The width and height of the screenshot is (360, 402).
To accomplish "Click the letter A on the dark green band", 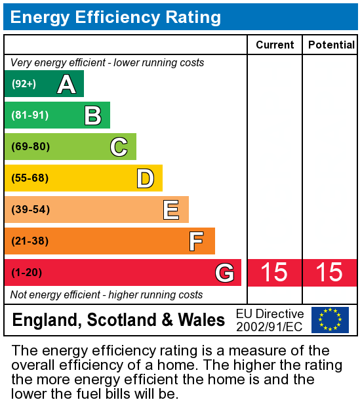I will [66, 84].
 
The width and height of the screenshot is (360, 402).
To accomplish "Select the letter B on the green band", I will [92, 115].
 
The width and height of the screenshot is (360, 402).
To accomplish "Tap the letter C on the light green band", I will [119, 147].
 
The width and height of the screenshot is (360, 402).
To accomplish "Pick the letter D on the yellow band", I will [145, 178].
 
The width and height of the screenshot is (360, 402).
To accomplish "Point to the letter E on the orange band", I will [171, 210].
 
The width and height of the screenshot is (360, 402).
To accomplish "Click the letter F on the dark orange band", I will [196, 241].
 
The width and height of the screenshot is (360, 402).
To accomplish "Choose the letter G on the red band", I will [224, 273].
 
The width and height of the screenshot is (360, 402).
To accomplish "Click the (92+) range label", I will [24, 84].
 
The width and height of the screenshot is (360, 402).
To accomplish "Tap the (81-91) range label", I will [30, 115].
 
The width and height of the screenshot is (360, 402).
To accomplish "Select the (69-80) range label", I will [30, 147].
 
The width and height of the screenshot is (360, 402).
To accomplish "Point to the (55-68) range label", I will [30, 178].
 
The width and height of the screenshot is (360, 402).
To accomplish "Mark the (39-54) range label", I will [30, 210].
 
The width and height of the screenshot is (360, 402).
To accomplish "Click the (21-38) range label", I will [30, 241].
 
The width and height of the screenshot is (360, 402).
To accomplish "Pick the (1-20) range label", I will [27, 273].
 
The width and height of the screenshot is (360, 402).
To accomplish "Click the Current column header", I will [275, 45].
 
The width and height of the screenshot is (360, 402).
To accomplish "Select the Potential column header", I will [331, 45].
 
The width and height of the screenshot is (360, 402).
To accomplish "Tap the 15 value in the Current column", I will [274, 273].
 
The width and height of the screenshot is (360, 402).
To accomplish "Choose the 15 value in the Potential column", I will [329, 273].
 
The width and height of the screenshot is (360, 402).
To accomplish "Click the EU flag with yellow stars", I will [330, 320].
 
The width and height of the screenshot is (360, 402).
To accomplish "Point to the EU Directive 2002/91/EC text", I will [270, 320].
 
